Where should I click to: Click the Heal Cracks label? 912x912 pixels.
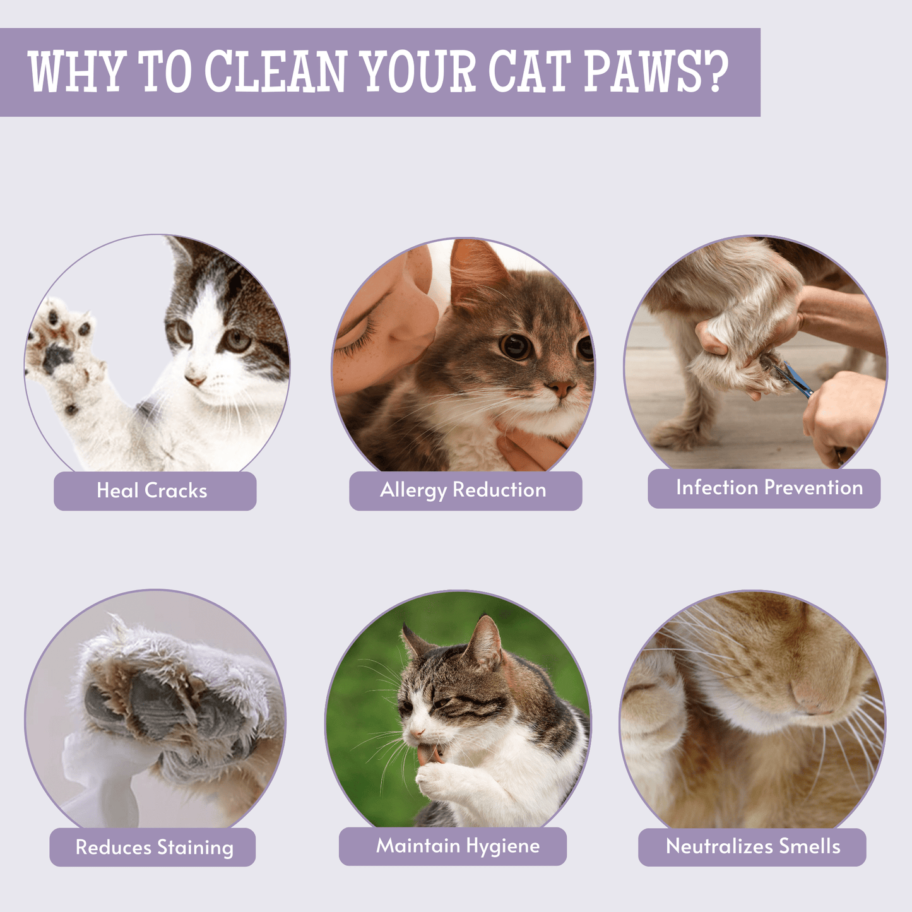tap(152, 490)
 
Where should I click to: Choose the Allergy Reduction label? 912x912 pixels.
tap(463, 490)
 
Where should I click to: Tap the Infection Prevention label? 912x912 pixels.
tap(769, 487)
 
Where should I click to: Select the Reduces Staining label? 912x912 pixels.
tap(154, 847)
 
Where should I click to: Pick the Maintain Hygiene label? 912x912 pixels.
tap(458, 846)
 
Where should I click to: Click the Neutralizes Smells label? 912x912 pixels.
tap(753, 846)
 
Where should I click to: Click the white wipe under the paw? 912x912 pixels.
tap(95, 776)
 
